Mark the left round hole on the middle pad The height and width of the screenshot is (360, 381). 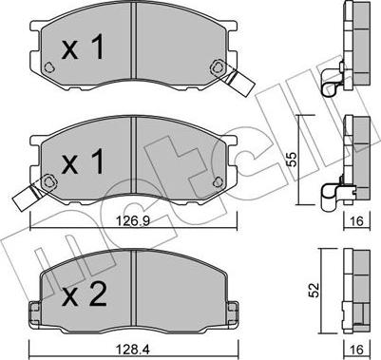tap(47, 180)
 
